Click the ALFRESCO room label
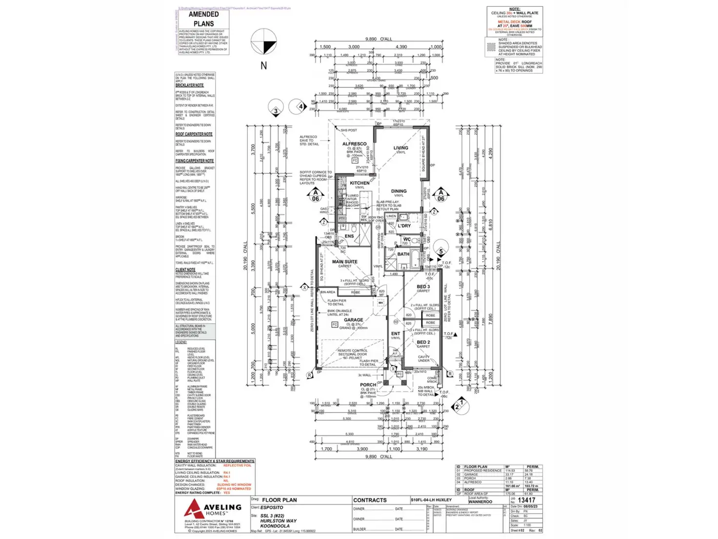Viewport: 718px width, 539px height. [354, 144]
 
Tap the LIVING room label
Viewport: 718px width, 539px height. [401, 148]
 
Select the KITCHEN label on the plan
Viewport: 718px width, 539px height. [359, 183]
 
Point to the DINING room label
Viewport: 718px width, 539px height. [399, 191]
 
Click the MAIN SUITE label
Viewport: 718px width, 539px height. [345, 262]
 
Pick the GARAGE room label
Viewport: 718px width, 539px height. [353, 320]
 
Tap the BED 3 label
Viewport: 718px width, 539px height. [423, 287]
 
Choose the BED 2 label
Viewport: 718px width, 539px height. [423, 342]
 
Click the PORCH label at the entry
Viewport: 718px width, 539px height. [368, 385]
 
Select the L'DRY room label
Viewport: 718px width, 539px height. [404, 226]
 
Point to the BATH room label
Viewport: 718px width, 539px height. [403, 254]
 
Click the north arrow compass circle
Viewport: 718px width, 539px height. [264, 41]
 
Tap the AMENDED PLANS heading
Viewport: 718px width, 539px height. [204, 19]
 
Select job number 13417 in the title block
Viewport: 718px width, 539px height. [526, 500]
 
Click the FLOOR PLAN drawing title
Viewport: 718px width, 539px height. [279, 500]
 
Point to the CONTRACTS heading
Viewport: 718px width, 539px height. [370, 500]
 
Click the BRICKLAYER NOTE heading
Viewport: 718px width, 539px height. [190, 85]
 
